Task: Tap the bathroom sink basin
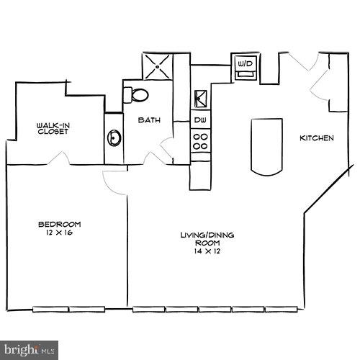[114, 137]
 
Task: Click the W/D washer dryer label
[245, 64]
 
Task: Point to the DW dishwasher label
[200, 119]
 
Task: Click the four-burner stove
[200, 140]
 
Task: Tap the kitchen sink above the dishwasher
[200, 96]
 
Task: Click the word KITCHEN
[317, 138]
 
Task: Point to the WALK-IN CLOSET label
[53, 129]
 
